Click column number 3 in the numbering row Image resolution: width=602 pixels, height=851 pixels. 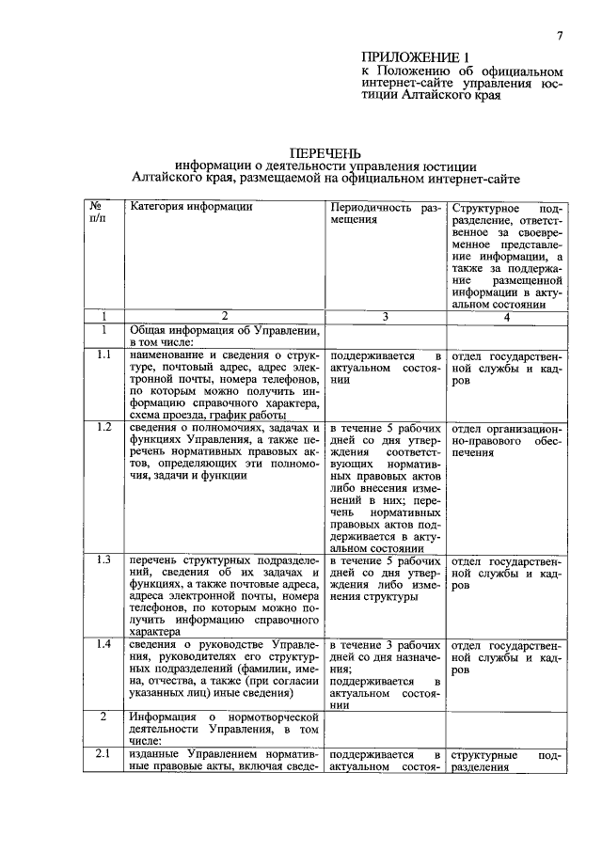click(x=384, y=317)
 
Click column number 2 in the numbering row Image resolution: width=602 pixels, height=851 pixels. click(x=224, y=317)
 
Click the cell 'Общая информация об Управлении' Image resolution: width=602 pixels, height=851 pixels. click(x=224, y=337)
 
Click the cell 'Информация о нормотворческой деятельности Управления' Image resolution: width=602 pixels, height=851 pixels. click(x=224, y=728)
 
